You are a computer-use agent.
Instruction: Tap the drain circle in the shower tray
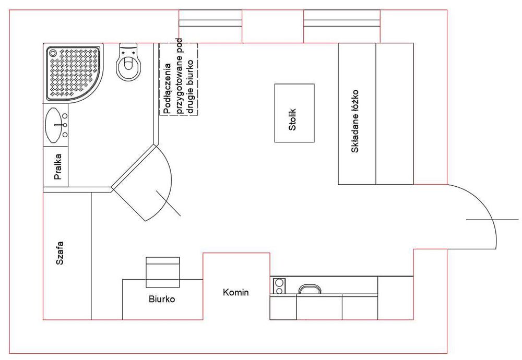(x=52, y=52)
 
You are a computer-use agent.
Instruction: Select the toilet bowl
(x=128, y=67)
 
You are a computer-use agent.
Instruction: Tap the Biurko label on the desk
(x=162, y=299)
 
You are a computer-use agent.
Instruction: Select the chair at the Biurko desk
(x=162, y=272)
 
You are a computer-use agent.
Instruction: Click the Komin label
(x=235, y=292)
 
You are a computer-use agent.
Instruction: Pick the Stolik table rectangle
(x=294, y=113)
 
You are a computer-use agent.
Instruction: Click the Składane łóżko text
(x=356, y=121)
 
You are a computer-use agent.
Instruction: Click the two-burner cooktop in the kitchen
(x=280, y=286)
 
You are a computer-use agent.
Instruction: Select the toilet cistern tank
(x=127, y=49)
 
